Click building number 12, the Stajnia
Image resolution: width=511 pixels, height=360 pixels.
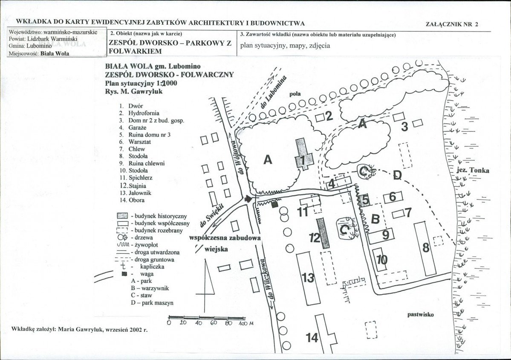pos(323,233)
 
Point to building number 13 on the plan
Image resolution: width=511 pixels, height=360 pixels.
pos(308,278)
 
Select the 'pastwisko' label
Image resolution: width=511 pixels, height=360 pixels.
pos(420,314)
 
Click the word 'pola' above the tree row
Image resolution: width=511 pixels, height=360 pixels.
pos(295,94)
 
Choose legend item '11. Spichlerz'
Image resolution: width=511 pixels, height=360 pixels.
pos(136,178)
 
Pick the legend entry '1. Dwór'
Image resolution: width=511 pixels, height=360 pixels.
pos(131,106)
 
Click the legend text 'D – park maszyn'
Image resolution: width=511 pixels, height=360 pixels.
pos(152,302)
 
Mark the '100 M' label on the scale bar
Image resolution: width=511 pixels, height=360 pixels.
pos(246,323)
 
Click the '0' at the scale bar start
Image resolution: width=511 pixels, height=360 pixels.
pos(168,323)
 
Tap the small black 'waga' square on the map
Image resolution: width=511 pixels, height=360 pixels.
pos(275,204)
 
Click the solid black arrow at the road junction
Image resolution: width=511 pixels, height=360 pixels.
pos(248,198)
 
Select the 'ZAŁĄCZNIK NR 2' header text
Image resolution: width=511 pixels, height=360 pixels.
pos(452,24)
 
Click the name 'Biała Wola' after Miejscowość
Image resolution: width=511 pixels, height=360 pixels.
pos(55,53)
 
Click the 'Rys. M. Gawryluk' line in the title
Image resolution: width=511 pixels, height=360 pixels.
pos(134,91)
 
